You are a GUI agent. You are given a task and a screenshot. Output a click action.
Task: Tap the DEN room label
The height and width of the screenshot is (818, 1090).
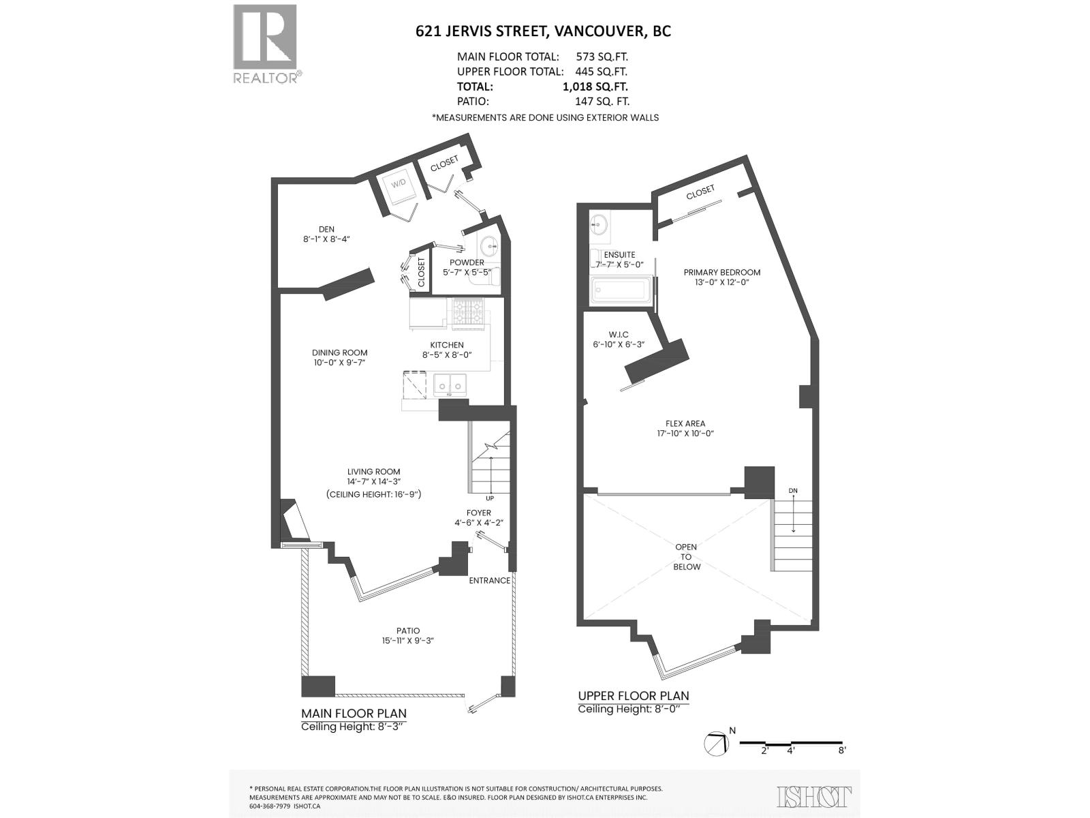(326, 229)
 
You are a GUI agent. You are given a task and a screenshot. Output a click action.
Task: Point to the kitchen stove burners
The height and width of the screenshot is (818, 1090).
(468, 312)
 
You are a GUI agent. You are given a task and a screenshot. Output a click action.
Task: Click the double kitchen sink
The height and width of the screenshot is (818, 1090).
(450, 385)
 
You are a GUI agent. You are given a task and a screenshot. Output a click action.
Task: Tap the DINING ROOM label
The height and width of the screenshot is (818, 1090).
(339, 352)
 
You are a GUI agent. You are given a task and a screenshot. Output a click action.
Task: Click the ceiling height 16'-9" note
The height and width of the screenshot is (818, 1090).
(373, 494)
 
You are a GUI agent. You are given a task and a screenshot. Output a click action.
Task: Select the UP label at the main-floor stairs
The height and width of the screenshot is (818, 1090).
(490, 498)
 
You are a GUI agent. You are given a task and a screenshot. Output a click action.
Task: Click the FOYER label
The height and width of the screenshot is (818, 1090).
(478, 513)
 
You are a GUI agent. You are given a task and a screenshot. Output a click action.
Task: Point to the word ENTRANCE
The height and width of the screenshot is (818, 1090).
(489, 581)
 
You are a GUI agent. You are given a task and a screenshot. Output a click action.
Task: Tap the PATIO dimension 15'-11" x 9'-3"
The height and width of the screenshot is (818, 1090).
(408, 641)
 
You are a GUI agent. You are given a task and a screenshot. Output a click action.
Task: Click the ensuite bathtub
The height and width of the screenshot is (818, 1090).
(621, 290)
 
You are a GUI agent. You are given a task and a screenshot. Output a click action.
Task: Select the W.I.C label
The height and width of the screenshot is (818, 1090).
(619, 335)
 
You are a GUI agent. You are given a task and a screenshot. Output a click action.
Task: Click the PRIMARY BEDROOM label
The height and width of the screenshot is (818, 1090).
(721, 272)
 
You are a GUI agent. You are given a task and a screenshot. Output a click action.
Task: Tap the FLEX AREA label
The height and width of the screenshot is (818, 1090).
(685, 423)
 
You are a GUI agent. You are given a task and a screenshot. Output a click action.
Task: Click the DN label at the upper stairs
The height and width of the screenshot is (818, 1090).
(793, 491)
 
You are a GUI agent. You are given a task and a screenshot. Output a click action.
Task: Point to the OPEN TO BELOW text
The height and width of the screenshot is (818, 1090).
(686, 556)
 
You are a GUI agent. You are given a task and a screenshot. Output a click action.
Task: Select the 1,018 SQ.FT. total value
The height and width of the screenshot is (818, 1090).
(595, 87)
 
